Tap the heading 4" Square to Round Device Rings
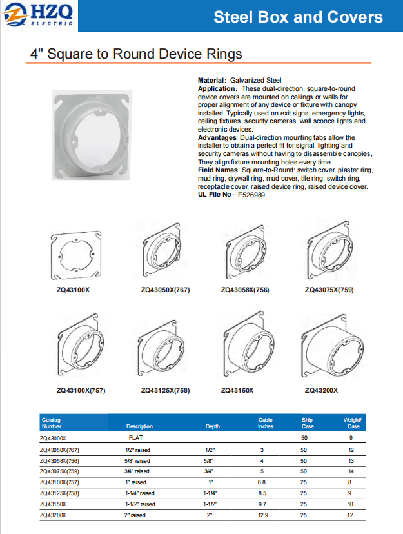pyautogui.click(x=137, y=53)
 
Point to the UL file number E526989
pyautogui.click(x=251, y=194)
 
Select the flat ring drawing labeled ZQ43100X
pyautogui.click(x=74, y=257)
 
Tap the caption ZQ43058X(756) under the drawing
pyautogui.click(x=245, y=290)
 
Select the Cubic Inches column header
pyautogui.click(x=266, y=423)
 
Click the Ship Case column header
pyautogui.click(x=307, y=423)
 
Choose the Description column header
pyautogui.click(x=140, y=426)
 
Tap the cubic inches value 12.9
pyautogui.click(x=263, y=515)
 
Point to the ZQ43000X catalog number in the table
pyautogui.click(x=54, y=438)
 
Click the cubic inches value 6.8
pyautogui.click(x=263, y=482)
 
